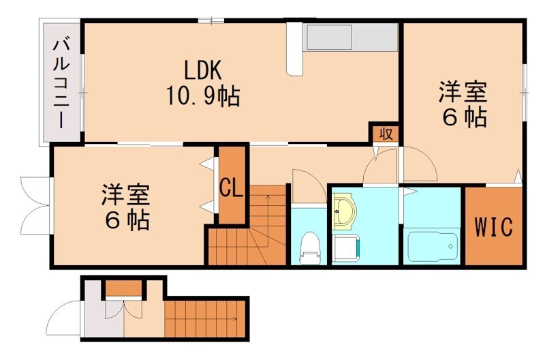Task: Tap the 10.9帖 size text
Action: click(x=202, y=96)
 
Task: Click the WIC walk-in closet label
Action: click(x=493, y=227)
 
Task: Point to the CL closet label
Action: click(x=232, y=187)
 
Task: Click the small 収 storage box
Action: click(x=385, y=133)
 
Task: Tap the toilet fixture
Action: click(x=310, y=246)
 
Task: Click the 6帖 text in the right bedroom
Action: click(x=464, y=117)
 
